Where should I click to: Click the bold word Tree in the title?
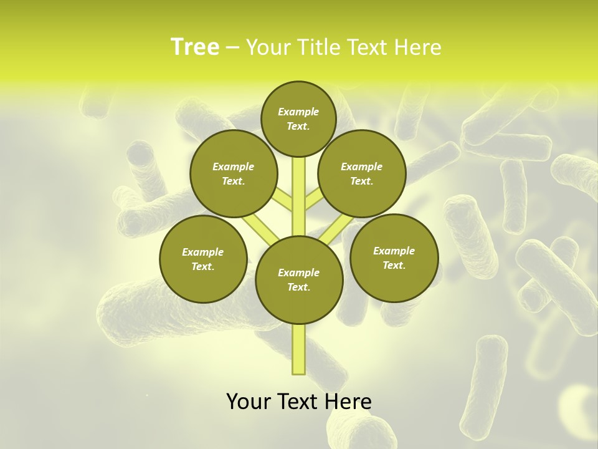[195, 47]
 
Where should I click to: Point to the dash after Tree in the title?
[232, 48]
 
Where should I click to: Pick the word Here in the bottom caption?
[348, 401]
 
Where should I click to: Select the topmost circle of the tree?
[298, 118]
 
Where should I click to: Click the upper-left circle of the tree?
[233, 173]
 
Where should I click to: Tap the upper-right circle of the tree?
[362, 173]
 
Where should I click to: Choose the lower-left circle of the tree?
[203, 259]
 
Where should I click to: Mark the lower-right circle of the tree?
[394, 258]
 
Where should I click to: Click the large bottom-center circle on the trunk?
[299, 280]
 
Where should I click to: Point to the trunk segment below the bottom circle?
[299, 349]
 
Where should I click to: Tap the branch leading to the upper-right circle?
[313, 201]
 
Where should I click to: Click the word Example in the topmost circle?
[298, 112]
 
